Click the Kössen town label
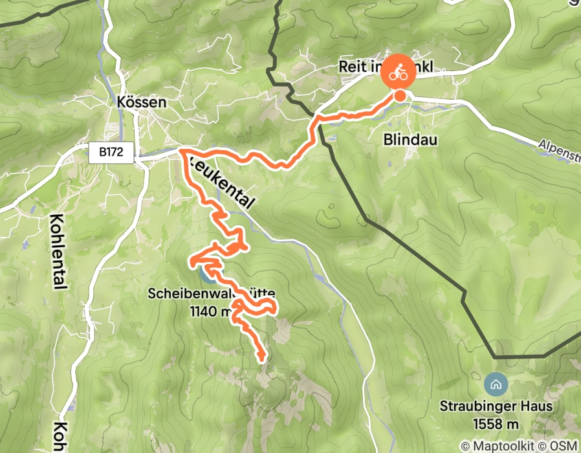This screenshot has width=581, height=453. [142, 102]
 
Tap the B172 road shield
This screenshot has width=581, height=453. [111, 153]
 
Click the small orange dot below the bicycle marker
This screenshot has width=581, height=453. [400, 96]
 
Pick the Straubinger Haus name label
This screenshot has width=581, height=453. [495, 406]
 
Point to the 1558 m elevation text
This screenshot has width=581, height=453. [495, 424]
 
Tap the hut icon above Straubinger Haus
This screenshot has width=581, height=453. [495, 384]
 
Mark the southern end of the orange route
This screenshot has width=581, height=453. [262, 357]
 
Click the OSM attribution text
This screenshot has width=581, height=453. [563, 446]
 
